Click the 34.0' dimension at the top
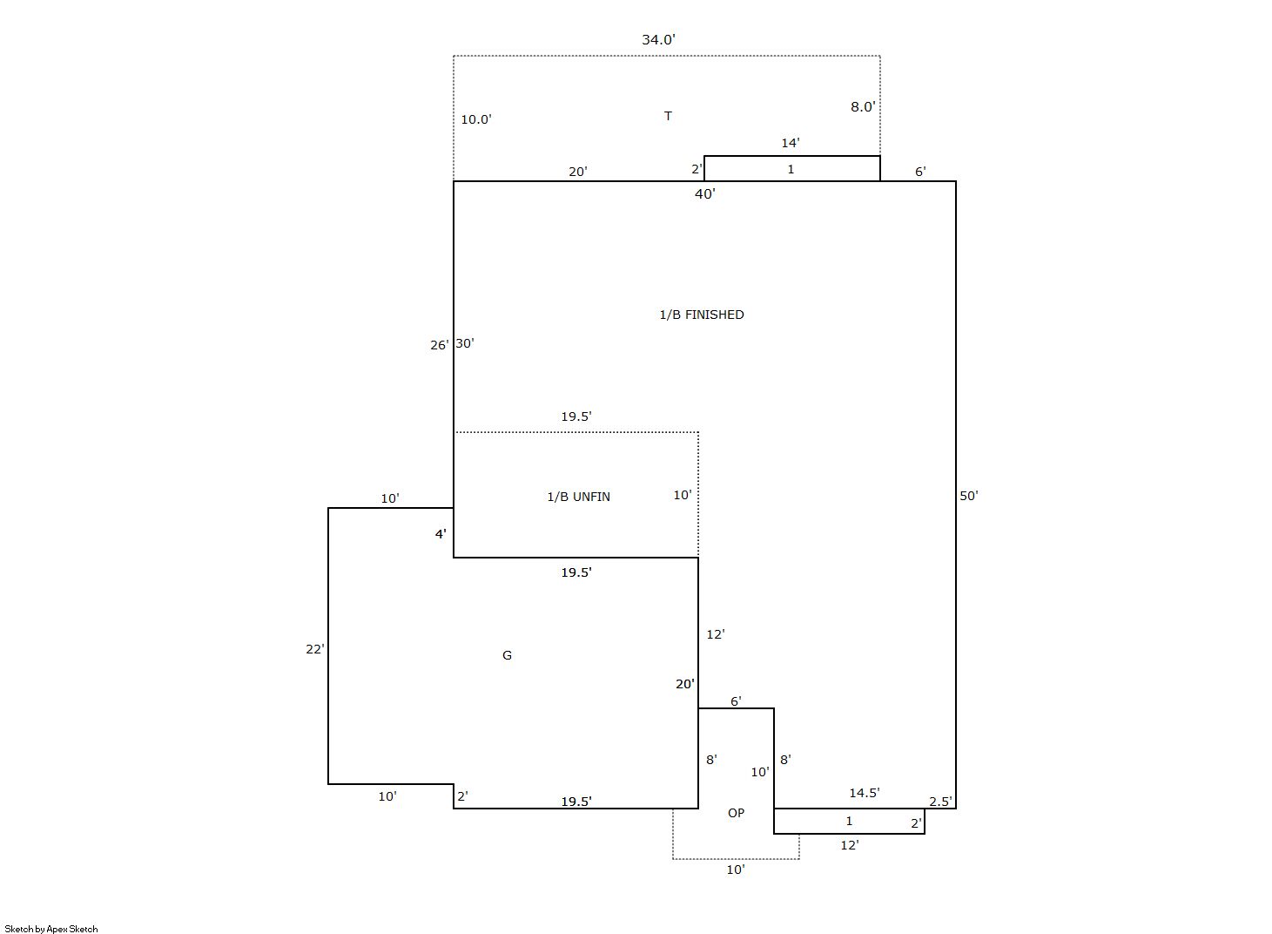click(659, 40)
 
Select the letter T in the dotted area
click(669, 116)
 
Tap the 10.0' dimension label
click(476, 119)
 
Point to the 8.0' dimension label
click(863, 107)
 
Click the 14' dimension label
click(791, 143)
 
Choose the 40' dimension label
click(704, 193)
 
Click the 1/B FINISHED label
click(702, 315)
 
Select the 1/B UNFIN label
click(579, 497)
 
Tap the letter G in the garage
click(507, 655)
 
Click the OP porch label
click(736, 813)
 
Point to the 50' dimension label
click(969, 496)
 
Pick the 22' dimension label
click(314, 649)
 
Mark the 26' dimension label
click(439, 345)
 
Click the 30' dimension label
click(465, 343)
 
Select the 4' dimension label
click(441, 533)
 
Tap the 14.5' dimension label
click(865, 793)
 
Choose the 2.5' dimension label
click(940, 801)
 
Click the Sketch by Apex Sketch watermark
click(51, 929)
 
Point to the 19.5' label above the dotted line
click(576, 416)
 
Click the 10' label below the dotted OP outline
click(736, 870)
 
